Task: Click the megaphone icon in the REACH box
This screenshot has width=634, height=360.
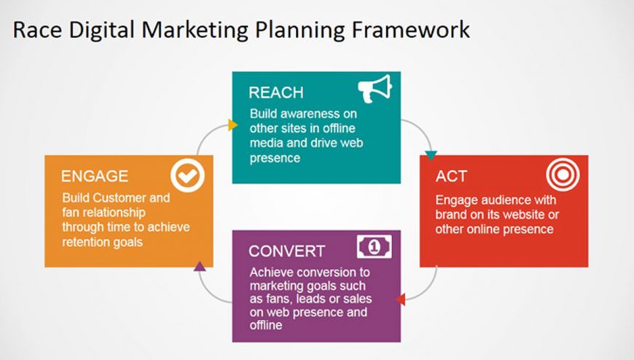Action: [x=375, y=89]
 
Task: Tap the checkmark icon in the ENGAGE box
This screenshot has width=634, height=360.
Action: [x=187, y=176]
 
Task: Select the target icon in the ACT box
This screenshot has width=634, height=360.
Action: [x=563, y=175]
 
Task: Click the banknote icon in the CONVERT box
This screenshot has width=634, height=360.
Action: [x=375, y=246]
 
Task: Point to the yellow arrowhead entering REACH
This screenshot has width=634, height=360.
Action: [x=232, y=125]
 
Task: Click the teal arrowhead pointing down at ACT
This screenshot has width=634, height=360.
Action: [x=431, y=156]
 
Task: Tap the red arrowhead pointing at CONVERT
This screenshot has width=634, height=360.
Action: [x=400, y=300]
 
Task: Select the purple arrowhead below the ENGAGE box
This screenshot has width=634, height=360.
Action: [x=200, y=266]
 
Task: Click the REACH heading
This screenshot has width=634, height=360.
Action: [x=276, y=93]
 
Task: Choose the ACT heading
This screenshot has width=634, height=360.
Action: [x=451, y=176]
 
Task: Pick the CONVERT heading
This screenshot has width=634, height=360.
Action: [x=286, y=251]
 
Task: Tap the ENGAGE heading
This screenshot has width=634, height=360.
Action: [x=95, y=176]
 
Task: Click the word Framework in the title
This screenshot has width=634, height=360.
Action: [x=410, y=30]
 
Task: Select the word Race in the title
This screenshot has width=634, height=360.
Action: [x=37, y=30]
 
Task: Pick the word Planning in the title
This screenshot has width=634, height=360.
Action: [x=300, y=31]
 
